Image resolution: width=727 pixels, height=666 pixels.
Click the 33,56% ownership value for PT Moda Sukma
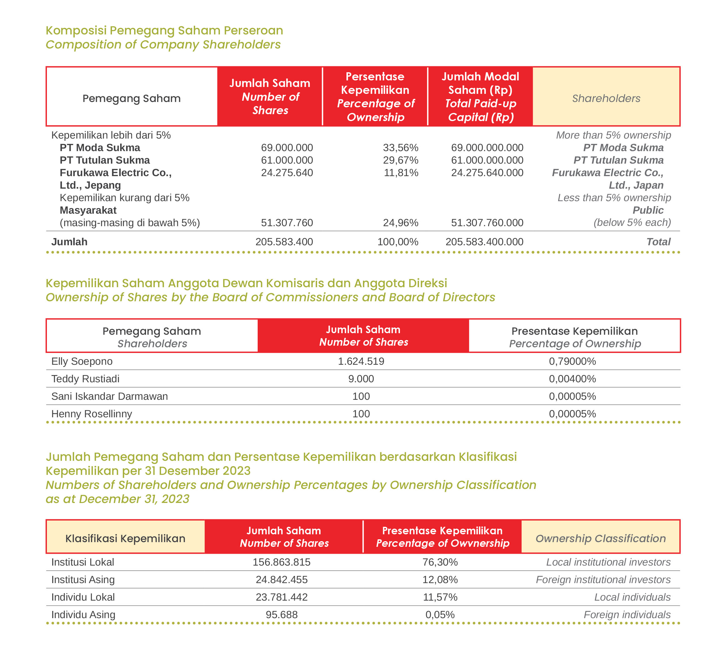point(400,148)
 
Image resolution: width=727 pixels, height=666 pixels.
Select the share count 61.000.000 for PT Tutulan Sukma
point(287,160)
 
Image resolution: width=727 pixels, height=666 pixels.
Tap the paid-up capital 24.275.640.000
point(487,173)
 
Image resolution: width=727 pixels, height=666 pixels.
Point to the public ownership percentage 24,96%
point(400,223)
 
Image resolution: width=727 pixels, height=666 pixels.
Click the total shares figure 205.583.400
point(284,242)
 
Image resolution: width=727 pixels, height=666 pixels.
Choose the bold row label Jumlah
point(69,242)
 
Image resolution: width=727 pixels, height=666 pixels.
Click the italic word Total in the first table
point(658,242)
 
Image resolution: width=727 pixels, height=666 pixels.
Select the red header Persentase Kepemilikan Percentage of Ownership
point(375,97)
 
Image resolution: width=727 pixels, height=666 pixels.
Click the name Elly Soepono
point(82,361)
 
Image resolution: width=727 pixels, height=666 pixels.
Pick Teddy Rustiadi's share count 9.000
point(361,379)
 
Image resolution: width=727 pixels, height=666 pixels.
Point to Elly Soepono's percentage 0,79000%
point(572,361)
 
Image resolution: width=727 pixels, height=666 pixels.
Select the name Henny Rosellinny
point(92,414)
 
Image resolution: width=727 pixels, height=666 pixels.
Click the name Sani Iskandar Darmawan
point(110,396)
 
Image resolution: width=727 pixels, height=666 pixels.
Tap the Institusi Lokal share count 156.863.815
point(281,562)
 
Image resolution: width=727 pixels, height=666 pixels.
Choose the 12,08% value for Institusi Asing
point(440,579)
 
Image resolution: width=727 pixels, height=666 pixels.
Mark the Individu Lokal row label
point(83,597)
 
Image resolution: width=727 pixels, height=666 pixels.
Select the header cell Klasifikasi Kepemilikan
point(125,538)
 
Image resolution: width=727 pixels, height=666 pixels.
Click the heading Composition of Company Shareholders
point(163,44)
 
